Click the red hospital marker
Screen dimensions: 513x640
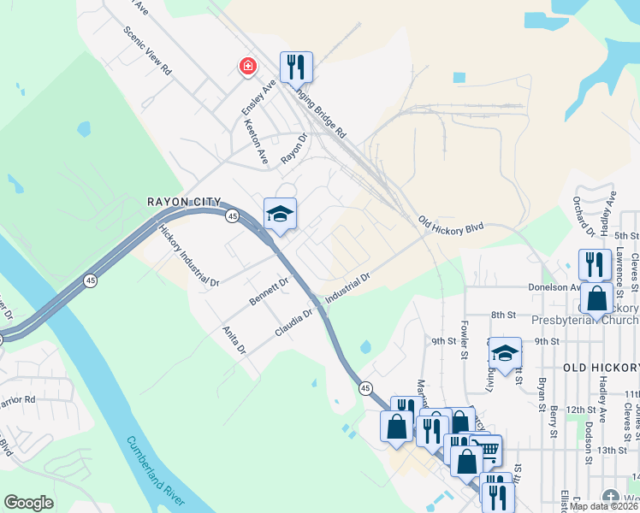point(248,67)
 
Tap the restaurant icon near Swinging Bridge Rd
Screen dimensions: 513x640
point(296,67)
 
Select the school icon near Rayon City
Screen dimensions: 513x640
point(280,214)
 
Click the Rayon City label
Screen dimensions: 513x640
point(179,202)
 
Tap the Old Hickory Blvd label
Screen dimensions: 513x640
point(451,227)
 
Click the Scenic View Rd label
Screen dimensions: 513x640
point(147,50)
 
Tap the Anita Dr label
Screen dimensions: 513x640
point(234,339)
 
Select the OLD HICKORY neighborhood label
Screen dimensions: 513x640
point(600,367)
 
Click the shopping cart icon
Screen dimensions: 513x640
point(487,451)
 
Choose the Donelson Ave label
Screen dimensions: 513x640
point(554,288)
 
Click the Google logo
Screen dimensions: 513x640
point(28,503)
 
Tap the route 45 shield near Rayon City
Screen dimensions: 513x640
point(233,217)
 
